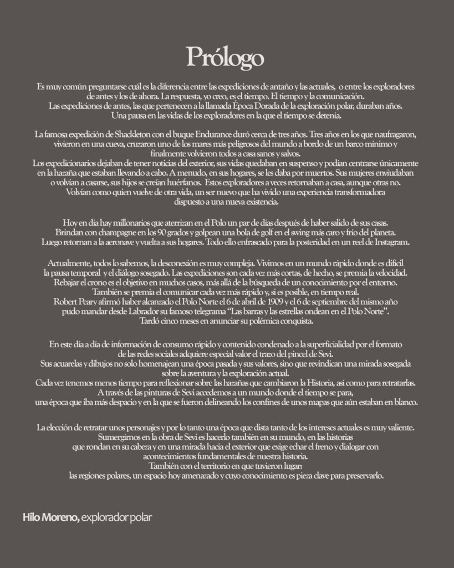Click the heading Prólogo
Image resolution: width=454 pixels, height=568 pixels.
tap(225, 56)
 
